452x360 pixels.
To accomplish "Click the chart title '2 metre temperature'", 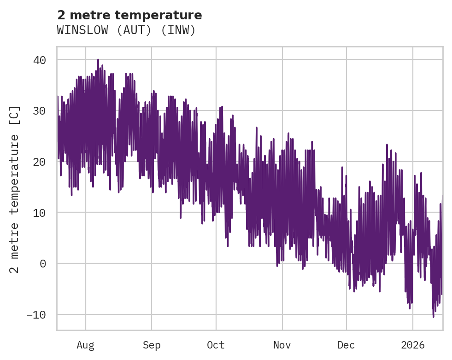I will tap(129, 15).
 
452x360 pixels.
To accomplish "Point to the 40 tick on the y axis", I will tap(41, 60).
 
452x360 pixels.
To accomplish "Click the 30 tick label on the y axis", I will tap(41, 111).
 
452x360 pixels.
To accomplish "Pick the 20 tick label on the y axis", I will tap(41, 162).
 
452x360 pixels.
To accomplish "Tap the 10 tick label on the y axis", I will tap(41, 213).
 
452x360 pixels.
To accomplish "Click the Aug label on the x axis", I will tap(85, 345).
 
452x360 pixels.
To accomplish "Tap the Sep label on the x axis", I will tap(152, 345).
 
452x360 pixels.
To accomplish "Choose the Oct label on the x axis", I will tap(216, 345).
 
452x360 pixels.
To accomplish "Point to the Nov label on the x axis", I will tap(282, 345).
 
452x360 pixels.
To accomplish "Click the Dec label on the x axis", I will tap(346, 345).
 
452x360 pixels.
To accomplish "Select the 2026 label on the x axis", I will tap(413, 345).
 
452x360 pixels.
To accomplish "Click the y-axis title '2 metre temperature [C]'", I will tap(15, 189).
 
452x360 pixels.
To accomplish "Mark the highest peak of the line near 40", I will tap(98, 60).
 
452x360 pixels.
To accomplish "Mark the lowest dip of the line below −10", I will tap(433, 317).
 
